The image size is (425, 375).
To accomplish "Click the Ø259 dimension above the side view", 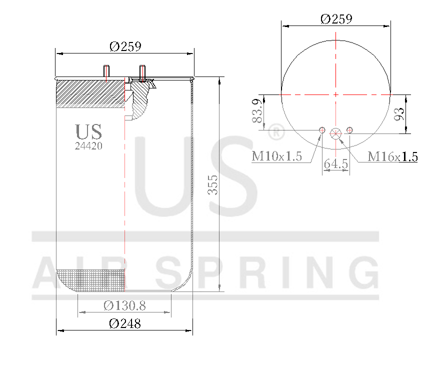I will pos(125,46).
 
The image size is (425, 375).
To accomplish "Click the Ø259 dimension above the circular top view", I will pos(336,19).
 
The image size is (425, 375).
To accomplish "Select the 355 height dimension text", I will pos(212,187).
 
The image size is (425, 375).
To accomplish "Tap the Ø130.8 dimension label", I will pos(124,305).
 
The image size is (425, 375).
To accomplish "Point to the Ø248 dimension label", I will pos(124,323).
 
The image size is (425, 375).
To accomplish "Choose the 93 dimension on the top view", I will pos(398,113).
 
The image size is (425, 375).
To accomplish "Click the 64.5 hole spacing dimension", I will pos(336,163).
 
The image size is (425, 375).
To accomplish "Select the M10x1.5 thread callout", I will pos(276,156).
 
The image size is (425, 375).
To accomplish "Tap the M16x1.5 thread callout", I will pos(392,156).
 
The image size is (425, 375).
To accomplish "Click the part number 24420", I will pos(89,146).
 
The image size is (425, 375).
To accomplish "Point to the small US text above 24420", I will pos(89,132).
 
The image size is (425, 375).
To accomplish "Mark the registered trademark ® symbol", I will pos(276,133).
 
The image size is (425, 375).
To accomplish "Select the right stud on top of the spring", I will pos(142,72).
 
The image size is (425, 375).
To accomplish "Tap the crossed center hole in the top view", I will pos(335,132).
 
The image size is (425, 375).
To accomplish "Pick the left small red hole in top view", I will pos(322,131).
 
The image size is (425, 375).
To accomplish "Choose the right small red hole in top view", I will pos(349,131).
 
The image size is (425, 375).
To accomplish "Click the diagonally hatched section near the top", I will pos(90,94).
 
